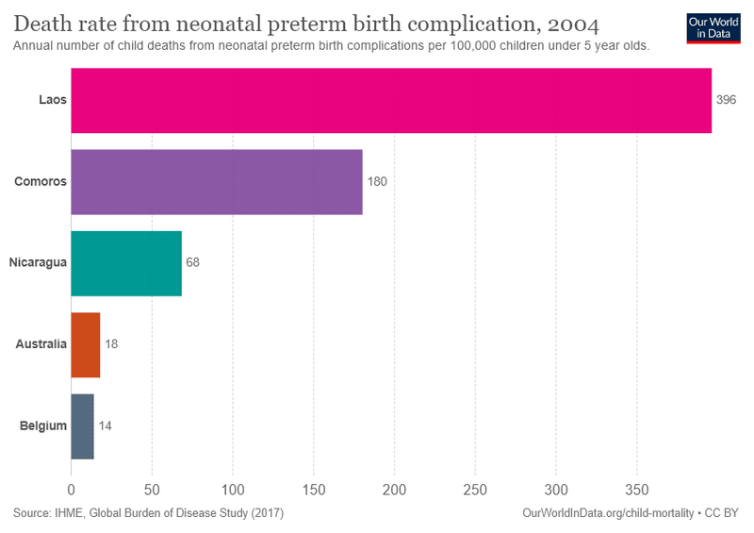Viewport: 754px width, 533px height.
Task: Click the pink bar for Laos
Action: click(391, 100)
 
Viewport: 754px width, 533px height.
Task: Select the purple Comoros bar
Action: click(217, 181)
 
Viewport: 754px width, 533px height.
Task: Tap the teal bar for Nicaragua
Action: click(126, 263)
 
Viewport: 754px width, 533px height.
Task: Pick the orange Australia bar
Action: click(86, 344)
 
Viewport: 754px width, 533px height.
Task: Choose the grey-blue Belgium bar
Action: click(83, 425)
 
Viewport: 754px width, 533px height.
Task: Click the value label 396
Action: click(726, 100)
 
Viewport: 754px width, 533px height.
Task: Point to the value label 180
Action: click(377, 181)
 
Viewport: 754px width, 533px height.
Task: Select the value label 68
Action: click(193, 263)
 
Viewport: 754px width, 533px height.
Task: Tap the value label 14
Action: click(106, 425)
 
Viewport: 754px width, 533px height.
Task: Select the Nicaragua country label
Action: click(38, 263)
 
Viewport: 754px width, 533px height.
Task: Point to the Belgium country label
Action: click(43, 425)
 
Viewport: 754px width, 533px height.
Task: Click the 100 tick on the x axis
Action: click(233, 490)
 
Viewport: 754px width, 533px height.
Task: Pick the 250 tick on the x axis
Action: click(475, 490)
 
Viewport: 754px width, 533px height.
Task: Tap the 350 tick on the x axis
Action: click(637, 490)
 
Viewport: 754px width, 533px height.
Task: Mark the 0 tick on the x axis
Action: click(72, 490)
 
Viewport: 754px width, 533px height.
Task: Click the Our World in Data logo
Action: click(713, 28)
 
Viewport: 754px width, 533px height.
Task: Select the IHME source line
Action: click(149, 513)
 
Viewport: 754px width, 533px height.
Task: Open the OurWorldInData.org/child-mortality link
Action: click(607, 513)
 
